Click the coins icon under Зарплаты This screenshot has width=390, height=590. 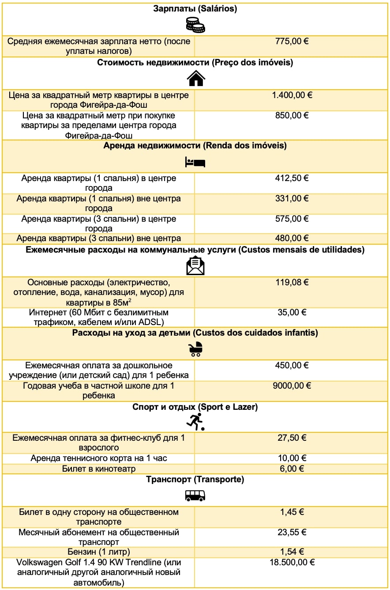pyautogui.click(x=195, y=25)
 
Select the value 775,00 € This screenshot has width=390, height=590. pyautogui.click(x=292, y=41)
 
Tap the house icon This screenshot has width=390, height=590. pyautogui.click(x=195, y=79)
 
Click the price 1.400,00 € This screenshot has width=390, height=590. pyautogui.click(x=292, y=95)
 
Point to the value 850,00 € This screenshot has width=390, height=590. pyautogui.click(x=292, y=115)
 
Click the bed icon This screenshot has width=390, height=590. pyautogui.click(x=195, y=162)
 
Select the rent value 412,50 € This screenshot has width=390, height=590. pyautogui.click(x=292, y=178)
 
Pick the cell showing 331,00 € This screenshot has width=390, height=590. pyautogui.click(x=292, y=199)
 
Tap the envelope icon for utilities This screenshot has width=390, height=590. pyautogui.click(x=195, y=266)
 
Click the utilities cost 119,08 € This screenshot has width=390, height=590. pyautogui.click(x=292, y=282)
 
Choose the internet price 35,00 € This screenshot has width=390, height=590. pyautogui.click(x=292, y=312)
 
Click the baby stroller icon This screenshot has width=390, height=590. pyautogui.click(x=195, y=349)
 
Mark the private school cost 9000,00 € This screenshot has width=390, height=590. pyautogui.click(x=292, y=386)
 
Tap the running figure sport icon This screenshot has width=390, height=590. pyautogui.click(x=195, y=422)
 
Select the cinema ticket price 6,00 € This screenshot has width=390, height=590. pyautogui.click(x=292, y=469)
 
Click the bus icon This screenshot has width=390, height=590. pyautogui.click(x=195, y=496)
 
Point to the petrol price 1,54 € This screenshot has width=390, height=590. pyautogui.click(x=292, y=552)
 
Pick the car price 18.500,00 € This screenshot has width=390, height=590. pyautogui.click(x=292, y=562)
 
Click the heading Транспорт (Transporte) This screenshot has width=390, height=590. pyautogui.click(x=195, y=479)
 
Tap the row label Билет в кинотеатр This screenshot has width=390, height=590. pyautogui.click(x=99, y=469)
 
